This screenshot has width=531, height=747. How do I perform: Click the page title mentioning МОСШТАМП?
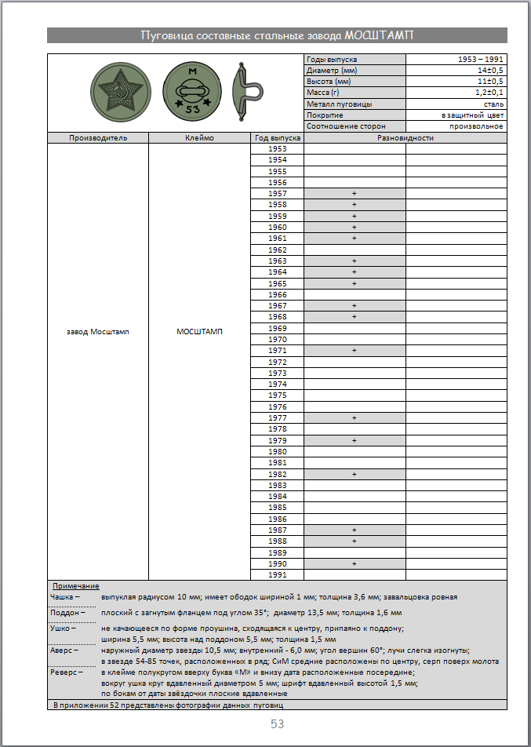pyautogui.click(x=277, y=35)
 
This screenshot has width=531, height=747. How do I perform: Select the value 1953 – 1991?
pyautogui.click(x=480, y=60)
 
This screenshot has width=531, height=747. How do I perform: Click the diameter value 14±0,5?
pyautogui.click(x=490, y=71)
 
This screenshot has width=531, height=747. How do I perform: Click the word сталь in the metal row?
pyautogui.click(x=493, y=104)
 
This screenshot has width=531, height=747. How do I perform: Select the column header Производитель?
pyautogui.click(x=98, y=138)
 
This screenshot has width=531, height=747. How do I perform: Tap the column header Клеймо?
pyautogui.click(x=199, y=138)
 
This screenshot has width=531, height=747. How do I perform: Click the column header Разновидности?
pyautogui.click(x=405, y=138)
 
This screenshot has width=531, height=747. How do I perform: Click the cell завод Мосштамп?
pyautogui.click(x=98, y=331)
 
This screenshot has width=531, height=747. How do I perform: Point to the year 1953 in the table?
pyautogui.click(x=277, y=149)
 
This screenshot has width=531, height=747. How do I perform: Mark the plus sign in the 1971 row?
pyautogui.click(x=355, y=351)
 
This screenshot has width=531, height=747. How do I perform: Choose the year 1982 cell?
pyautogui.click(x=277, y=475)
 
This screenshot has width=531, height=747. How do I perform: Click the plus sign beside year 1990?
pyautogui.click(x=355, y=564)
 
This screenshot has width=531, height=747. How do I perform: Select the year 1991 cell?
pyautogui.click(x=277, y=575)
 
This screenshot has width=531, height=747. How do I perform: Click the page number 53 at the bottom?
pyautogui.click(x=277, y=724)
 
